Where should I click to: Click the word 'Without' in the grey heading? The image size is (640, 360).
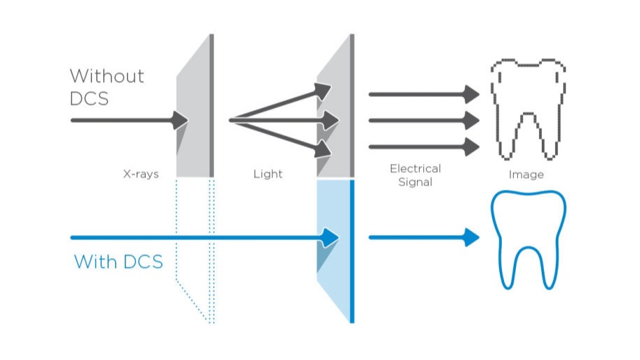(x=107, y=75)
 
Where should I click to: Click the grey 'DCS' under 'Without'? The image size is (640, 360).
(x=89, y=98)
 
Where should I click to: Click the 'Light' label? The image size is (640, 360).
(x=268, y=174)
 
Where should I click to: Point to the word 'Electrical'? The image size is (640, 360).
(x=416, y=169)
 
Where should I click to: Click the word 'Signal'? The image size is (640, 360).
(x=416, y=182)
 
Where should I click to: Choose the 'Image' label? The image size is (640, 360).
(x=526, y=174)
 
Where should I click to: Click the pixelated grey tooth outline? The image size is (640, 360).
(x=528, y=108)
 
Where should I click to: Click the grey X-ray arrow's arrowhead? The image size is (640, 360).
(x=181, y=120)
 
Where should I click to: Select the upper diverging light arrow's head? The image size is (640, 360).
(x=322, y=90)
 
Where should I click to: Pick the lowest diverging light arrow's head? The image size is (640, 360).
(x=322, y=149)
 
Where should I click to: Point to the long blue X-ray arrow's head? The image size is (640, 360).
(x=330, y=238)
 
